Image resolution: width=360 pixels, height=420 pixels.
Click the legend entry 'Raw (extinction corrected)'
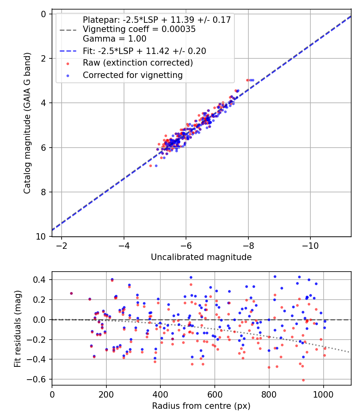pyautogui.click(x=138, y=63)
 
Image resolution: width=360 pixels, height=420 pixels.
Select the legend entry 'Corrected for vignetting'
pyautogui.click(x=132, y=75)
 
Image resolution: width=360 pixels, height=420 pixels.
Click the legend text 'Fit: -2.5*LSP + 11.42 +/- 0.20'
pyautogui.click(x=144, y=51)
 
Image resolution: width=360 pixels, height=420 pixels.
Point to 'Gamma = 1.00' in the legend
pyautogui.click(x=114, y=39)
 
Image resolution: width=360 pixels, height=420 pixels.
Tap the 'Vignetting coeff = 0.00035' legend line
pyautogui.click(x=139, y=29)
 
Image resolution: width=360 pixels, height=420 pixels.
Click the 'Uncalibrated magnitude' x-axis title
pyautogui.click(x=201, y=257)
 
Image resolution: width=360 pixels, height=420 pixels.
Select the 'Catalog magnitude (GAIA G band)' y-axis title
pyautogui.click(x=27, y=125)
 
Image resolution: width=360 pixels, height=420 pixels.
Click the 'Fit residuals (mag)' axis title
pyautogui.click(x=17, y=328)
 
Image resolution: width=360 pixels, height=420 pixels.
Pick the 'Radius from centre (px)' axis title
pyautogui.click(x=201, y=406)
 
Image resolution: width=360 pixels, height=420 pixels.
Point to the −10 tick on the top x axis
pyautogui.click(x=310, y=245)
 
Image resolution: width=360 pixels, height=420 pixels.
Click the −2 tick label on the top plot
pyautogui.click(x=62, y=245)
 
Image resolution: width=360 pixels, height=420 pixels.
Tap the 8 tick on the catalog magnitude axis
pyautogui.click(x=44, y=192)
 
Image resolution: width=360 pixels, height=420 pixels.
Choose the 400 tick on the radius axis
pyautogui.click(x=160, y=394)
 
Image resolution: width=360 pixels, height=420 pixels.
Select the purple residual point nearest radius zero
pyautogui.click(x=71, y=293)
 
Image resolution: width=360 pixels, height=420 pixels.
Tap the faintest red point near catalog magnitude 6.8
pyautogui.click(x=150, y=166)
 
